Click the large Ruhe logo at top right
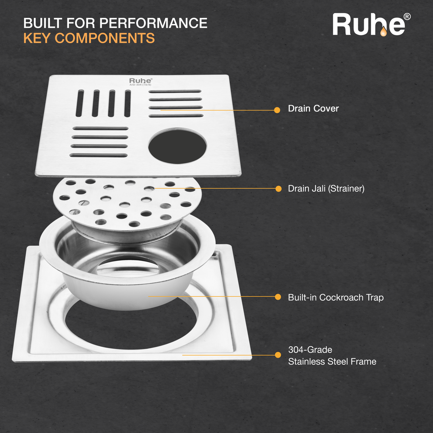tap(369, 25)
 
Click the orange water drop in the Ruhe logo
tap(383, 32)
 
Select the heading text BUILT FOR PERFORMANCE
tap(115, 23)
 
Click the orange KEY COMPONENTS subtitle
tap(89, 38)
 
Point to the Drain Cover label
tap(313, 108)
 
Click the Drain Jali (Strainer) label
tap(326, 189)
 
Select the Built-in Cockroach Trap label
tap(336, 297)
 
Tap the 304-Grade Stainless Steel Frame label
tap(332, 356)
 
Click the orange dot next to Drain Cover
tap(277, 110)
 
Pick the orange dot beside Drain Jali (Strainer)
tap(279, 189)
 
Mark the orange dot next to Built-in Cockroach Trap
tap(278, 297)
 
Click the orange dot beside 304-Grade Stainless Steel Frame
tap(278, 355)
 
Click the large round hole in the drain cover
tap(177, 146)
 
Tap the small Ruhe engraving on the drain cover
tap(141, 81)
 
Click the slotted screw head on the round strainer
tap(84, 203)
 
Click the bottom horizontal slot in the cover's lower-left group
tap(98, 156)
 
